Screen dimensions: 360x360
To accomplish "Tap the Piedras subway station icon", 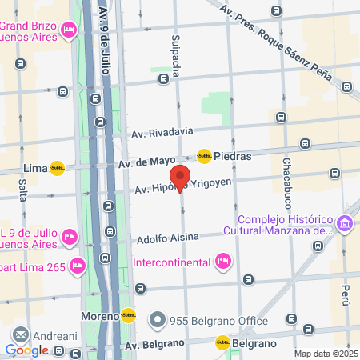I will click(x=204, y=156).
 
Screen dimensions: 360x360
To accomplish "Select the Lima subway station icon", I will click(x=57, y=168).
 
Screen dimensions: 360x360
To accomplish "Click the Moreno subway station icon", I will click(x=128, y=316).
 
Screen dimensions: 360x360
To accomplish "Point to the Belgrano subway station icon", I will click(x=222, y=342).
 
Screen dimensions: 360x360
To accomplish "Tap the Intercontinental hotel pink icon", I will click(x=223, y=261).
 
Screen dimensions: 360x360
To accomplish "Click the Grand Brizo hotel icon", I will click(x=68, y=30).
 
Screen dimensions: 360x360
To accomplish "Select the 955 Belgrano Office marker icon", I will click(x=157, y=321).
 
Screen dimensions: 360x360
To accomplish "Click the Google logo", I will click(x=26, y=350).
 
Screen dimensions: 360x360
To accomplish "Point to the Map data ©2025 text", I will click(x=324, y=354).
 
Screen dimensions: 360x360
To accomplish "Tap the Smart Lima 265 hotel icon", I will click(x=78, y=266).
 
